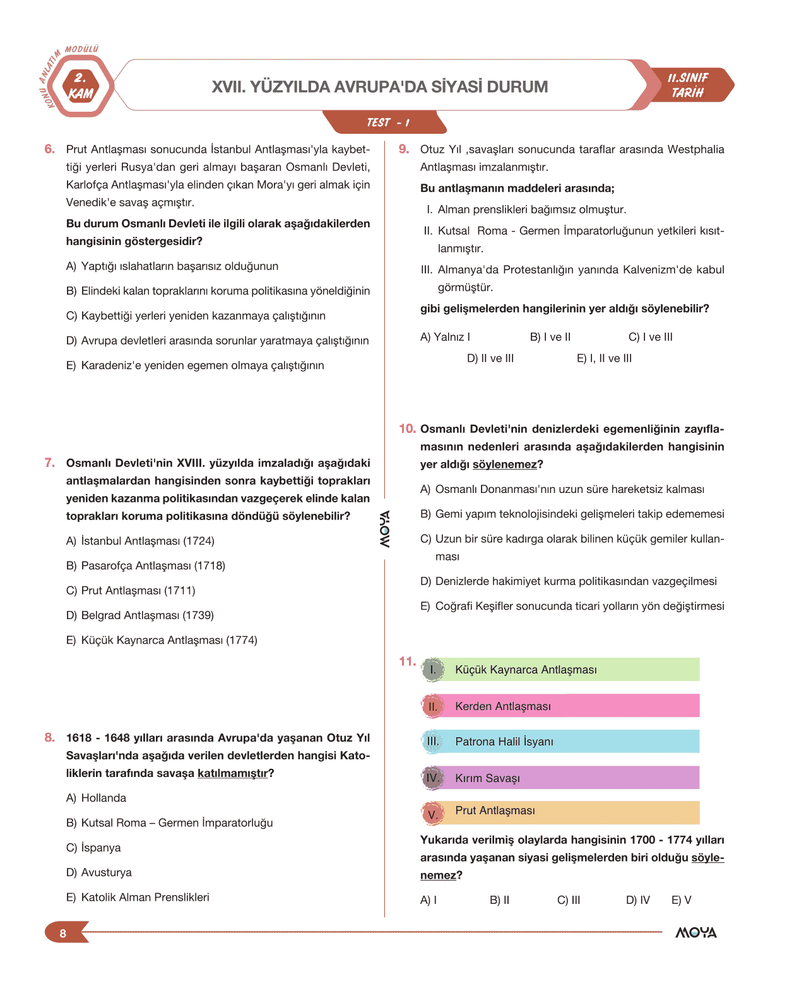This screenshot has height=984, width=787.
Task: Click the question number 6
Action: pos(49,149)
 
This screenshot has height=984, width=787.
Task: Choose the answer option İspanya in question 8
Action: pos(100,848)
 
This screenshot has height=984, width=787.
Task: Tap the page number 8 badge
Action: pos(63,933)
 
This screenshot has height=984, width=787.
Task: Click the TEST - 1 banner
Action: pos(386,122)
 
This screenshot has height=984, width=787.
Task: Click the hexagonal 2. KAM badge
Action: pos(80,86)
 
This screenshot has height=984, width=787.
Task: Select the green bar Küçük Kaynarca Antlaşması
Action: pos(560,670)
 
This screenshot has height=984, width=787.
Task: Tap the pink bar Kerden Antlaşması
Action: pos(560,706)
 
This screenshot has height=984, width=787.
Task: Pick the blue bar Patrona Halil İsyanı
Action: pos(560,742)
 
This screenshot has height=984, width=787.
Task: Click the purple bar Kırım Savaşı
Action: pos(560,778)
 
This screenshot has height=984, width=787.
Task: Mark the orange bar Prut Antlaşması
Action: pos(560,812)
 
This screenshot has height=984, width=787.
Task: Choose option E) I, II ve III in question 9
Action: pos(604,359)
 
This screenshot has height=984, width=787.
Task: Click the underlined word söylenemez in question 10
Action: pos(504,465)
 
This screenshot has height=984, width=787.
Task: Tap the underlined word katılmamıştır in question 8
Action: pos(232,773)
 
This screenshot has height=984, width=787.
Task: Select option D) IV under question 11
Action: pos(637,900)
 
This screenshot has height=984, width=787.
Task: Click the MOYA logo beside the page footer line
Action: pos(695,932)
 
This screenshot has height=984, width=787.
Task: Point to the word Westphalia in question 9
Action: pos(695,150)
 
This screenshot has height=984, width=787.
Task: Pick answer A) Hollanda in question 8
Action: pos(103,798)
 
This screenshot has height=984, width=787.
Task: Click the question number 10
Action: pos(407,429)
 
